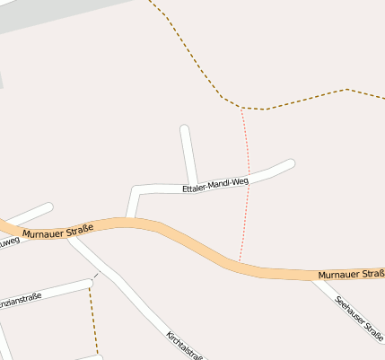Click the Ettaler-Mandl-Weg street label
coord(214,185)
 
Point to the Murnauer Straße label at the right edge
coord(351,273)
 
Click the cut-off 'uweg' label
coord(8,241)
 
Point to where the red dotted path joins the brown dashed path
coord(241,109)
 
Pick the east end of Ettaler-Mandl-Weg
coord(291,162)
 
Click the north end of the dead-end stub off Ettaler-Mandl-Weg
coord(184,129)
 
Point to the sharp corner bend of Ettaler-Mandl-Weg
coord(136,189)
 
